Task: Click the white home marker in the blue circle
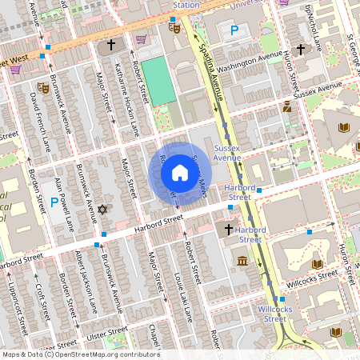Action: [x=180, y=172]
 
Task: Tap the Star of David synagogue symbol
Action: [x=102, y=209]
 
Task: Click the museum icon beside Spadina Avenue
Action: [x=242, y=261]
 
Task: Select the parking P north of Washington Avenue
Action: [x=234, y=31]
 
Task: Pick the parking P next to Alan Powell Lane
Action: [x=54, y=202]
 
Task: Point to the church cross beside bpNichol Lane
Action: [x=300, y=50]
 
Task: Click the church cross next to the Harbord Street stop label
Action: [x=228, y=230]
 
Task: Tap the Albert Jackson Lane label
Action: [x=86, y=280]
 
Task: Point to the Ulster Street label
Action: [x=106, y=330]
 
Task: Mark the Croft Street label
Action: [x=40, y=301]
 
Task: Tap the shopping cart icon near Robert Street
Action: [x=142, y=39]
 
